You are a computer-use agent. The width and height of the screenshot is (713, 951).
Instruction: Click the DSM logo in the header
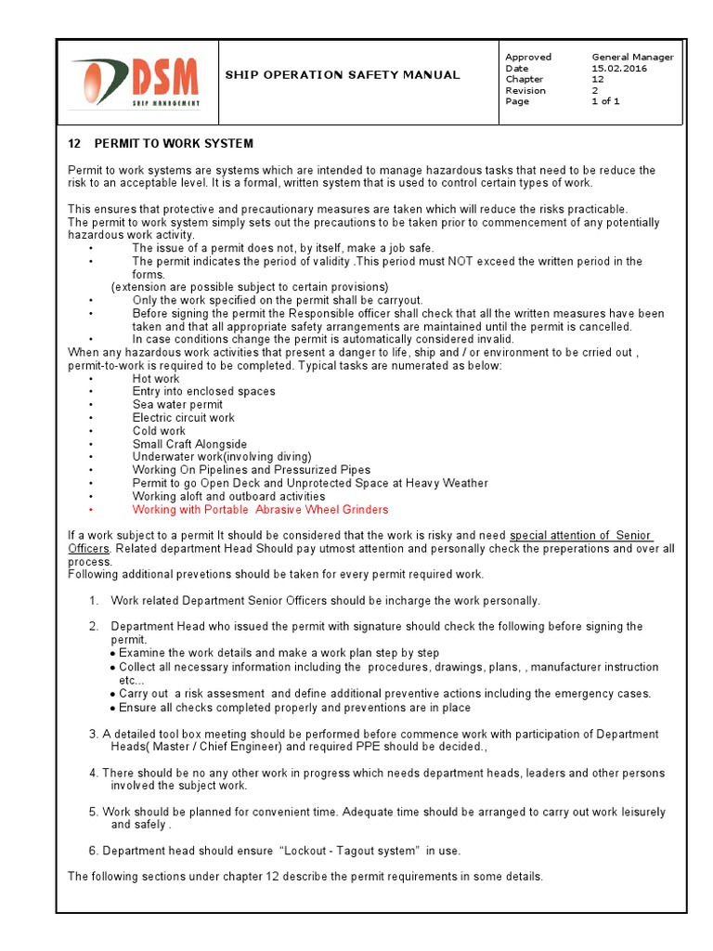pos(137,82)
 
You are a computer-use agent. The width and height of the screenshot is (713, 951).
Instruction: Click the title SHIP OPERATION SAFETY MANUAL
pos(343,75)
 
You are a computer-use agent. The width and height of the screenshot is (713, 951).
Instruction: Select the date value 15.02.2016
pos(620,69)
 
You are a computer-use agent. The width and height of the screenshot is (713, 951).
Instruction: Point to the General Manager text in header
pos(632,58)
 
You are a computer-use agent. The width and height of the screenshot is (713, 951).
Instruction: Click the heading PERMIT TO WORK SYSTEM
pos(174,144)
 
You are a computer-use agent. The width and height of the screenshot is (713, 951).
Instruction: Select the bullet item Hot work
pos(156,379)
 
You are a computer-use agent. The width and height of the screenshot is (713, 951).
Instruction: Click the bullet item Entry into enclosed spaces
pos(203,392)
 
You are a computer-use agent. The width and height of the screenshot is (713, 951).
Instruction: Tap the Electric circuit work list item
pos(184,418)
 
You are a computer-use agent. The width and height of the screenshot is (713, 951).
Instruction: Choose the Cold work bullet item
pos(159,431)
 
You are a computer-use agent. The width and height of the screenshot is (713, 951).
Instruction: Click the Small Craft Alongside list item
pos(189,444)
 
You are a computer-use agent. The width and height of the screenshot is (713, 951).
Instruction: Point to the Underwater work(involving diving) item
pos(222,457)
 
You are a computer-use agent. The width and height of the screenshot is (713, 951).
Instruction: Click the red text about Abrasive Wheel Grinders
pos(260,510)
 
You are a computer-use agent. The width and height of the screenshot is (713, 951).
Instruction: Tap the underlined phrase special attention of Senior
pos(581,536)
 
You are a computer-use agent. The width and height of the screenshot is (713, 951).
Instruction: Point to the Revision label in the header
pos(525,91)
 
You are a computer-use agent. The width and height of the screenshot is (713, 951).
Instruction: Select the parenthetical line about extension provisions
pos(250,287)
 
